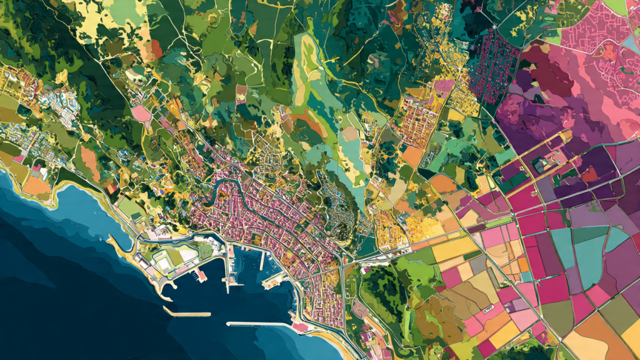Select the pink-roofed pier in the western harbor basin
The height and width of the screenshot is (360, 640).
click(x=201, y=275)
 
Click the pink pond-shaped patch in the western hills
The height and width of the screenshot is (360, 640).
click(x=141, y=113)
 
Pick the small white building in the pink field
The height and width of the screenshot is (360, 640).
click(x=487, y=309)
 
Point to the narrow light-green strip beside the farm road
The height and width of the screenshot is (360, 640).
click(x=500, y=222)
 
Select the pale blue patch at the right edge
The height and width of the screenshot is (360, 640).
click(x=631, y=44)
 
